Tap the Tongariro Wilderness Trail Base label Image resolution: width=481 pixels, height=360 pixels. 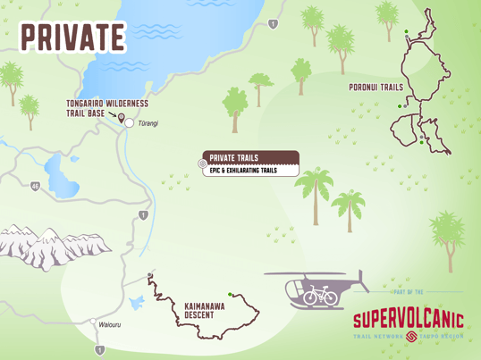(x=106, y=108)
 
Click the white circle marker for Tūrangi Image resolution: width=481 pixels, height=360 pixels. (x=130, y=123)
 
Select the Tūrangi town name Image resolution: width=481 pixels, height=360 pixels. (x=148, y=123)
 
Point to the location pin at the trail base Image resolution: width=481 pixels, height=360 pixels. (x=121, y=117)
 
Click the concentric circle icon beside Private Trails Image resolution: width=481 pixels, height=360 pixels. (x=202, y=163)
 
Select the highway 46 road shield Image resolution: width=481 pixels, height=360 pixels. (x=34, y=186)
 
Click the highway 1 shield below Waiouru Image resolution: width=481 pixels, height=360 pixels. (x=99, y=349)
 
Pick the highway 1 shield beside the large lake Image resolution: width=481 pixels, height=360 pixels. (x=273, y=24)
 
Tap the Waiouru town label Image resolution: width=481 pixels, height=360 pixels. (x=109, y=324)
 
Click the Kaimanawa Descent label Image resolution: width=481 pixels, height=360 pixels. (x=204, y=310)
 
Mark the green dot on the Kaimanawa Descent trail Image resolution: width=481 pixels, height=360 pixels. (x=230, y=294)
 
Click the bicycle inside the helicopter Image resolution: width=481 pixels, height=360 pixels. (x=320, y=296)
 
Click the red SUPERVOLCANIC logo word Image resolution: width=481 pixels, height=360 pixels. (x=408, y=319)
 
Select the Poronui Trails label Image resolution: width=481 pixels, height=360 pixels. (x=376, y=88)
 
